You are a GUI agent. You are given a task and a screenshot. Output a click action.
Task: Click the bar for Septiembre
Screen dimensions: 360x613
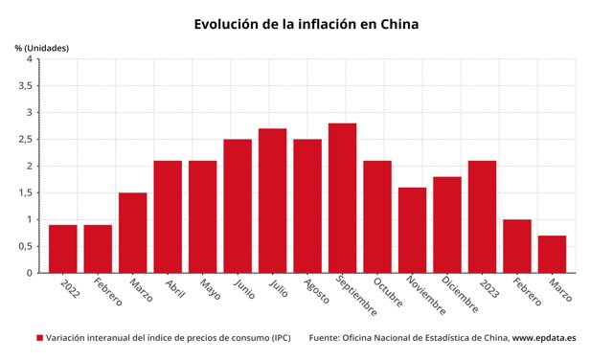tap(342, 198)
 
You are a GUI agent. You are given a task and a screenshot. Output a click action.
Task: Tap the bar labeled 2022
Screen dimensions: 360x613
tap(63, 249)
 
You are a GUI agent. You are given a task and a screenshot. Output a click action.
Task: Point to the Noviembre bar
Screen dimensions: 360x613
tap(412, 230)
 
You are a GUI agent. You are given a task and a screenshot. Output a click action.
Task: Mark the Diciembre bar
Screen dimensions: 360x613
tap(447, 225)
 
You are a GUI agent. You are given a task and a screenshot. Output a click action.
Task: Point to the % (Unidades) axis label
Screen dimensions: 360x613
tap(42, 47)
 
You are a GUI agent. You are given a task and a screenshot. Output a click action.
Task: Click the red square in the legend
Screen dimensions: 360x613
tap(39, 338)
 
